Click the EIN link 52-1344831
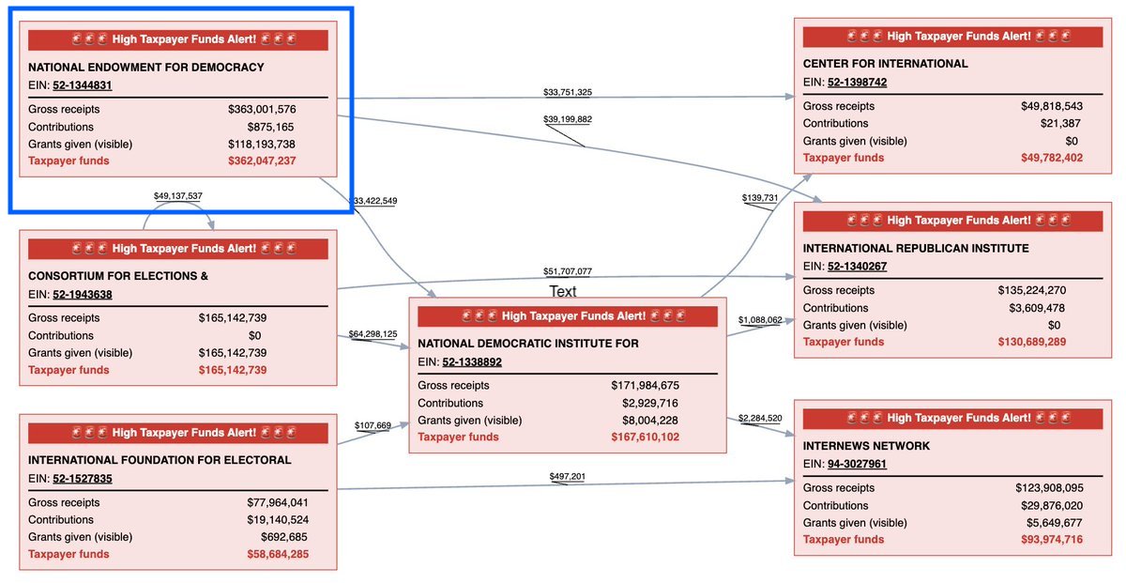point(83,85)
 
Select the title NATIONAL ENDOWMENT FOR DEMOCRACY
point(146,68)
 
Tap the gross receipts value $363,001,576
point(262,110)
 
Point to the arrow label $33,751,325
point(568,92)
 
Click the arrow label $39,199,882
point(568,119)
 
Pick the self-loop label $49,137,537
point(177,196)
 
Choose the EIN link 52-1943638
point(83,295)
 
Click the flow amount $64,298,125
point(373,333)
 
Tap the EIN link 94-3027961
point(858,464)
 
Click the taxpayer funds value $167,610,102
point(645,437)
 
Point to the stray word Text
point(563,292)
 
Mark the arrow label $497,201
point(567,477)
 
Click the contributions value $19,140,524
point(274,519)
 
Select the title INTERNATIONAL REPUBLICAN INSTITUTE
point(916,249)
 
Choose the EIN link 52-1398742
point(858,83)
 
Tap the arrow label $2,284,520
point(761,418)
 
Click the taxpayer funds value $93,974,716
point(1052,540)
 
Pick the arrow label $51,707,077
point(568,271)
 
